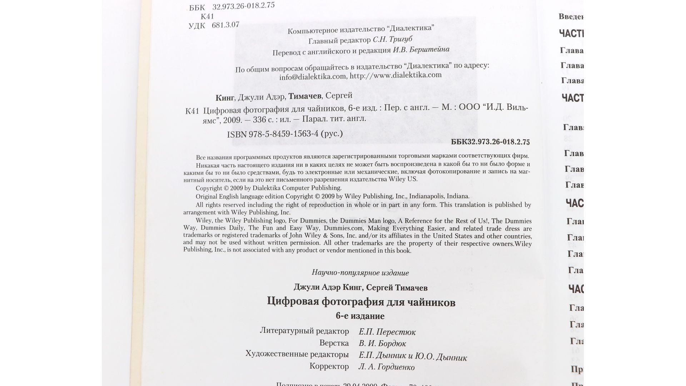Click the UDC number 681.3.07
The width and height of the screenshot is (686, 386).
coord(225,25)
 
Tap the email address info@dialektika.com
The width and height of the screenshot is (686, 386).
coord(313,77)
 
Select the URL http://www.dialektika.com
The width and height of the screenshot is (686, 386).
coord(396,75)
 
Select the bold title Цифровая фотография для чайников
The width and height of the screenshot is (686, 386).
coord(361,302)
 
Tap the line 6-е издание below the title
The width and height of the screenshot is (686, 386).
coord(360,316)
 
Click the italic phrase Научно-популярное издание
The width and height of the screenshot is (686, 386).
coord(360,273)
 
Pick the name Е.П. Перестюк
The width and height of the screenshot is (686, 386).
coord(387,332)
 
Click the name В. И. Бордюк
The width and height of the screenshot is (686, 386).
coord(382,344)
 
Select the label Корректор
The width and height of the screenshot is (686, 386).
coord(329,366)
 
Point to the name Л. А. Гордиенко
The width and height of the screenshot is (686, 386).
coord(386,367)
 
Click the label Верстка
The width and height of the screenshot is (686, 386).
coord(334,343)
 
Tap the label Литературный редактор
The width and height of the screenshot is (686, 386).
coord(304,331)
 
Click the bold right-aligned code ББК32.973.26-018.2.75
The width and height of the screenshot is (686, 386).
coord(490,142)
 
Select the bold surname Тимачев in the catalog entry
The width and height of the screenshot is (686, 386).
coord(305,96)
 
